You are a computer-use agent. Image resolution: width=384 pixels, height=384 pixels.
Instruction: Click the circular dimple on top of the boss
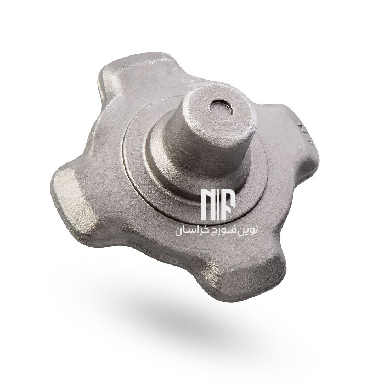[221, 109]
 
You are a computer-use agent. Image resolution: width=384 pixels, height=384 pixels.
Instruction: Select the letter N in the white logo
[209, 204]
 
